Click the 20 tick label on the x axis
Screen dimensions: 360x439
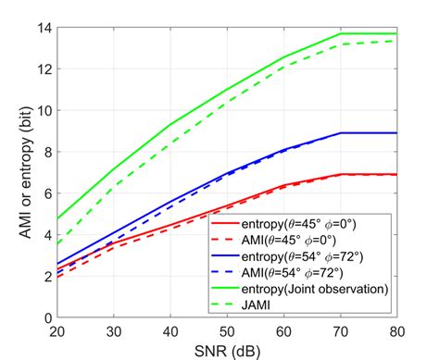pyautogui.click(x=57, y=329)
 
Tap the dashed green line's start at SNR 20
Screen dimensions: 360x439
pyautogui.click(x=57, y=243)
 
